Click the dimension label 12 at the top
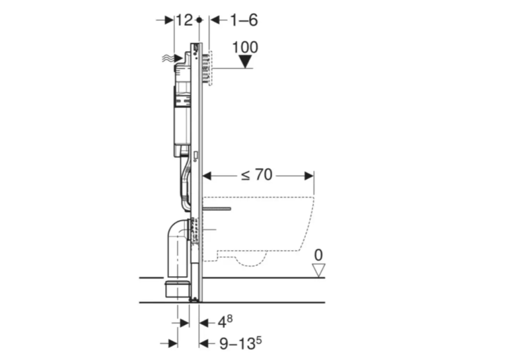[x=184, y=20]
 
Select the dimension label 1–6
[x=244, y=20]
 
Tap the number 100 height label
[x=245, y=48]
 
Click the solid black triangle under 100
[x=245, y=61]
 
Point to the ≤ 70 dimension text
[x=257, y=175]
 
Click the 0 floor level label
[x=318, y=255]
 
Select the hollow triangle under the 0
[x=318, y=270]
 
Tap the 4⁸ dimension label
[x=225, y=321]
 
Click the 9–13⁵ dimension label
[x=240, y=343]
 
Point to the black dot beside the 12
[x=199, y=20]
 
